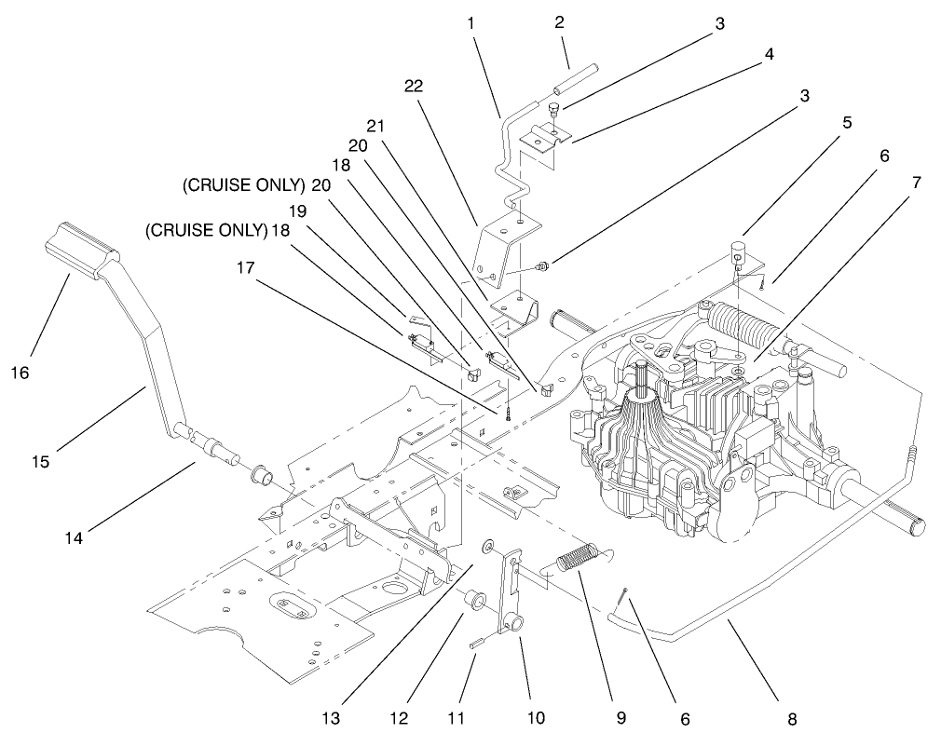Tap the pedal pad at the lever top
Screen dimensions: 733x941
(x=81, y=248)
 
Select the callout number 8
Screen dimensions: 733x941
(x=791, y=718)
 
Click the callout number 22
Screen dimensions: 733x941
(x=415, y=86)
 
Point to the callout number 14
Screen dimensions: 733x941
(x=75, y=536)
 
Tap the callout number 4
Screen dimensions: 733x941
(x=769, y=55)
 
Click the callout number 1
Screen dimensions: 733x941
(x=473, y=20)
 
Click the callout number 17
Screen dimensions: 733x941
(x=245, y=267)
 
